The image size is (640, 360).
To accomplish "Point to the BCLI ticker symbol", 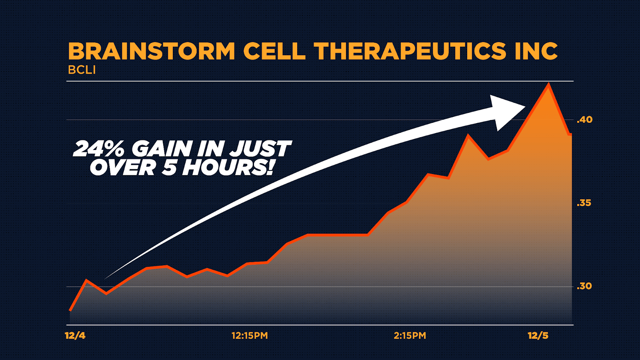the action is [82, 70].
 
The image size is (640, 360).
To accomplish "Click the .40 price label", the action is [584, 120].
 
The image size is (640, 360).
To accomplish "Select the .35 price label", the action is [584, 203].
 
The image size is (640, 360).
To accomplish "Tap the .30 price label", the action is [584, 286].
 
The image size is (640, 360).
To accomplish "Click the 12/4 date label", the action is [75, 336].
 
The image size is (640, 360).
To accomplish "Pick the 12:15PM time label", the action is [250, 336].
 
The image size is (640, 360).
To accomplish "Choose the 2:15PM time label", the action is [410, 336].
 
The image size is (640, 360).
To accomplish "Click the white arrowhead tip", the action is [525, 107].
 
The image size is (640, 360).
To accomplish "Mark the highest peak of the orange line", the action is [548, 84].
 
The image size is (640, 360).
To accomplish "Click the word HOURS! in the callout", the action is [228, 167].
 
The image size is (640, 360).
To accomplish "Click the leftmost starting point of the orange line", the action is [70, 310].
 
